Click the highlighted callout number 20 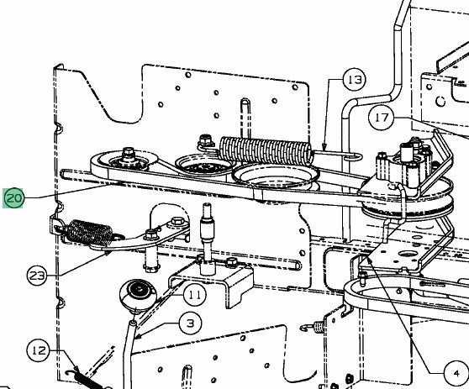(13, 198)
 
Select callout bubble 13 (355, 80)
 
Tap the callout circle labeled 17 (381, 118)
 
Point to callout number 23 (37, 276)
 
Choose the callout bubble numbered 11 (194, 296)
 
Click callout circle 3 (191, 323)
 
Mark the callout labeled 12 (39, 350)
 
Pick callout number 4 (456, 373)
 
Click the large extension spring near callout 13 (266, 150)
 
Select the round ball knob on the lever (138, 295)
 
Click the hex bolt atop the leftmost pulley (129, 153)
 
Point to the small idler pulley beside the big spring (204, 166)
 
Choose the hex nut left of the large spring (205, 140)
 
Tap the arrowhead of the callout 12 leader (76, 369)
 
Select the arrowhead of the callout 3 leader (138, 336)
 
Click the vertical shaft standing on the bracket (208, 239)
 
